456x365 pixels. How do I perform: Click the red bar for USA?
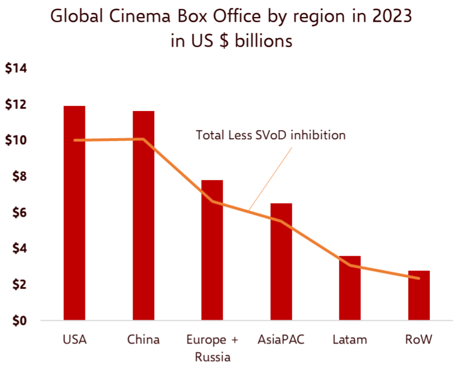[x=74, y=226]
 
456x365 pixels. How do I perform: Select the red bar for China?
[x=143, y=226]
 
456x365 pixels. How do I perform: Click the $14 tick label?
[x=16, y=69]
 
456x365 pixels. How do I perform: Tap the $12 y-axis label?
[x=16, y=105]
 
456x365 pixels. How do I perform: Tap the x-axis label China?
[x=143, y=340]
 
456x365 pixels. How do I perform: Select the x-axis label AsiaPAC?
[x=281, y=340]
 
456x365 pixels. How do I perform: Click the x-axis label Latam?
[x=350, y=340]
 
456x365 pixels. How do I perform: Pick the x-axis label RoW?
[x=419, y=340]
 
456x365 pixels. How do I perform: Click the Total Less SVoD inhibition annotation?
[x=270, y=135]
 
